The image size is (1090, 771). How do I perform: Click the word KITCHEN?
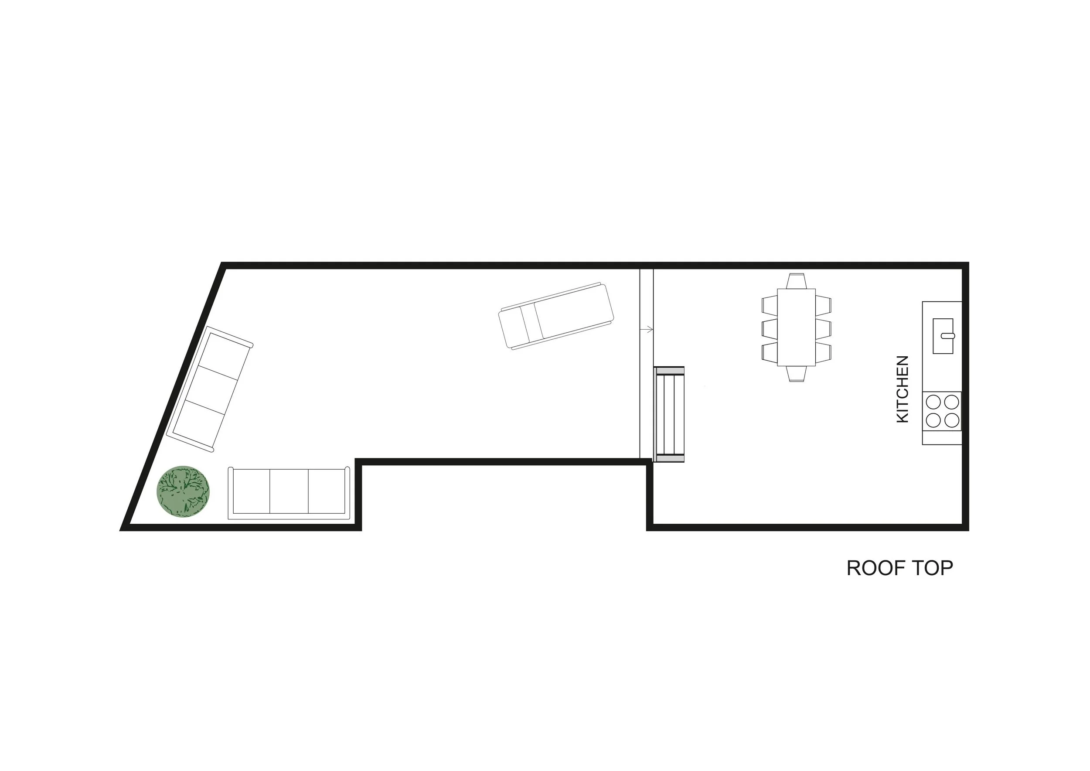902,389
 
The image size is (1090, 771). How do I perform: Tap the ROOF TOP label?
899,568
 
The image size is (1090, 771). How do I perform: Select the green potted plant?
183,491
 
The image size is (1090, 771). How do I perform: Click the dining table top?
796,327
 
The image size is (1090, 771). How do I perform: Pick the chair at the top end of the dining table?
796,281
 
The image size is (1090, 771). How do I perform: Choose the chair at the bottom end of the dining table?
796,374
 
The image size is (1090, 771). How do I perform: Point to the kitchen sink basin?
943,336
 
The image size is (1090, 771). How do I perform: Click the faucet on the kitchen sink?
947,336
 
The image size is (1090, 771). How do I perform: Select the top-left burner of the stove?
933,402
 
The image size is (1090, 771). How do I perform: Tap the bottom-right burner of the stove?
951,420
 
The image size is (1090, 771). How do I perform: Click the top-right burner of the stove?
951,402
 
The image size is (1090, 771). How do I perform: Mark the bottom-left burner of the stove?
933,420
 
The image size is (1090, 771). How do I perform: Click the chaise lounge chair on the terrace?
556,316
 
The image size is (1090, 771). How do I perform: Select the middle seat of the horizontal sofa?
289,491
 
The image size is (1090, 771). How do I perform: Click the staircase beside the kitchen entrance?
669,414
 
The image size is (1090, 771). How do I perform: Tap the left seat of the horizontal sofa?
250,491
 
